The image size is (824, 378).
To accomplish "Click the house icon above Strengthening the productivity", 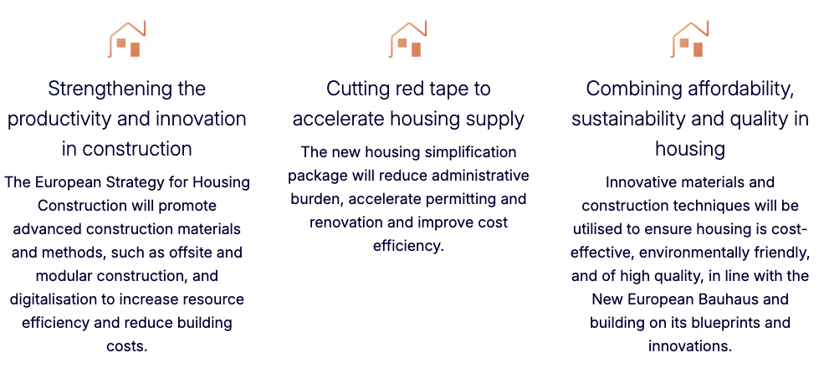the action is pyautogui.click(x=126, y=38).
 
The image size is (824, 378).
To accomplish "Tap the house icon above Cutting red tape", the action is pyautogui.click(x=407, y=38).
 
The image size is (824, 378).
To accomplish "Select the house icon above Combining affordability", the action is pyautogui.click(x=689, y=38).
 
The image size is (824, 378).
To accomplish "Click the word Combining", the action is pyautogui.click(x=626, y=89).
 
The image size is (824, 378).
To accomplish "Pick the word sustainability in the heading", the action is pyautogui.click(x=627, y=120).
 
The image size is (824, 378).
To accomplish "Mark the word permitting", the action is pyautogui.click(x=454, y=200).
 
